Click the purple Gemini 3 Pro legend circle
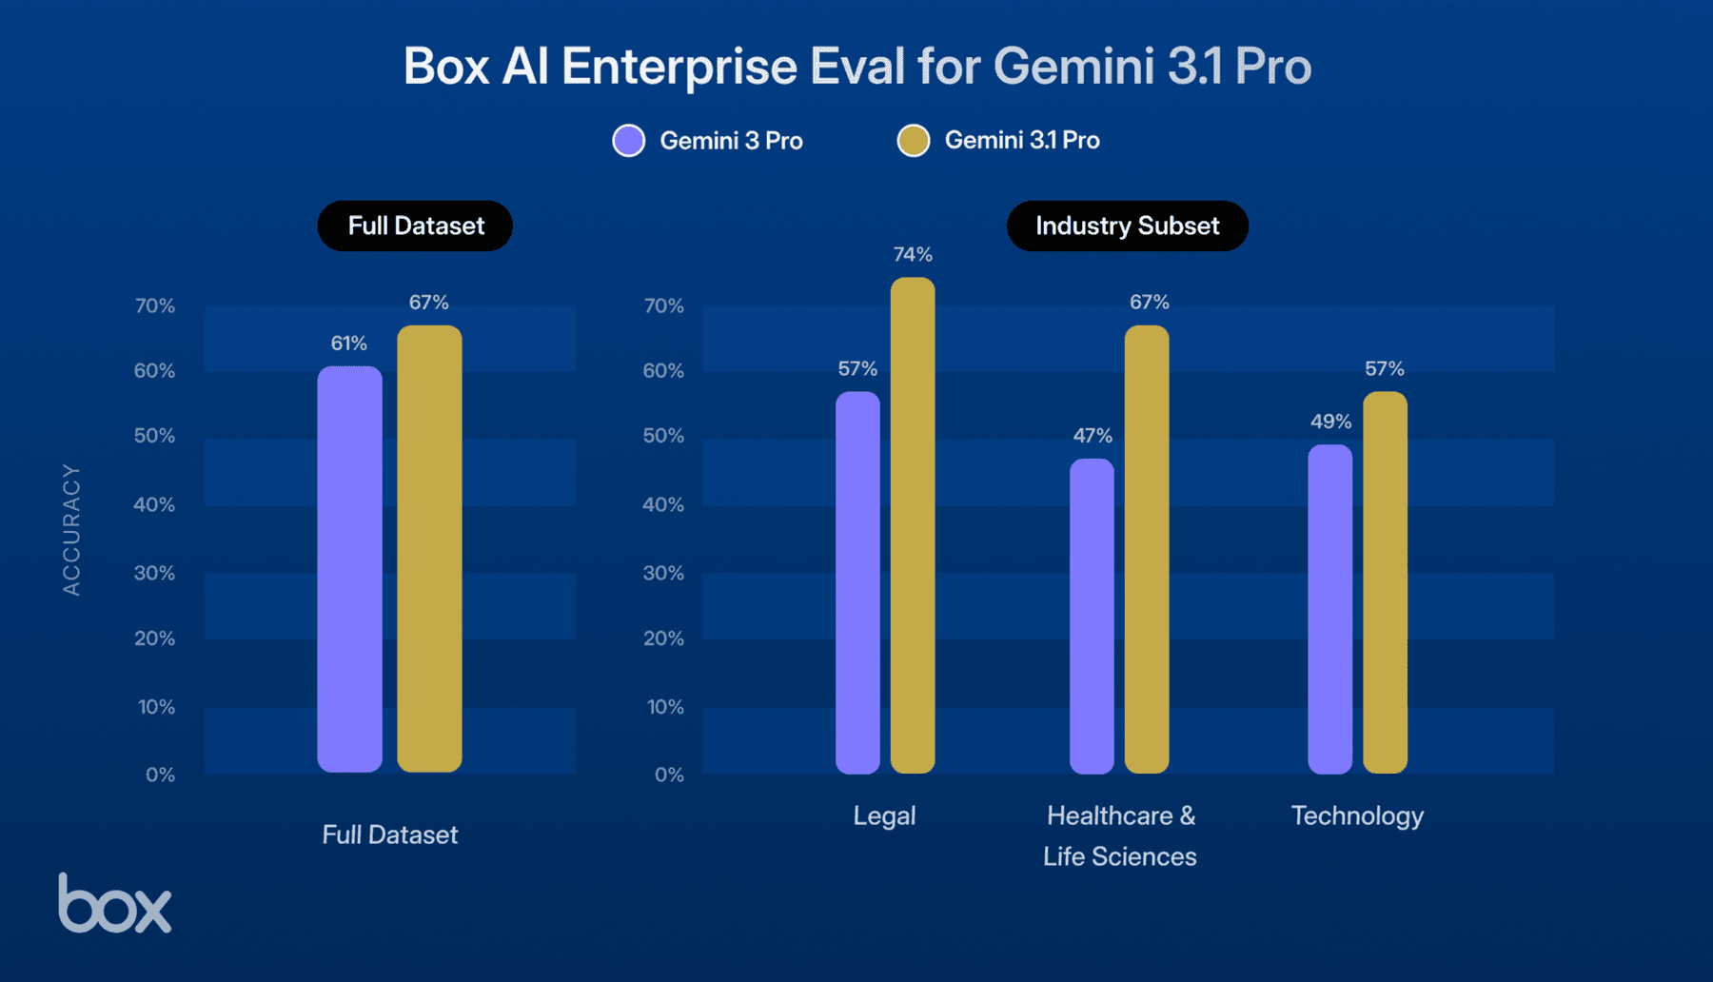click(628, 141)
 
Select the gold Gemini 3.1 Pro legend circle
click(913, 141)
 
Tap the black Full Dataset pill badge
click(415, 226)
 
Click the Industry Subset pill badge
click(1127, 226)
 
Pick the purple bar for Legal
click(857, 582)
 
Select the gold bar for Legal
click(913, 525)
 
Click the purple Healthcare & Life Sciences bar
click(1092, 616)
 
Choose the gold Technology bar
click(1385, 582)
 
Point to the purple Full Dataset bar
click(349, 569)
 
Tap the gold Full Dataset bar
click(429, 549)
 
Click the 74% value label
click(913, 254)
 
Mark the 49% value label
click(1330, 422)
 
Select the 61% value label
click(349, 344)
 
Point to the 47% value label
click(1092, 436)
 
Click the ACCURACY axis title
click(71, 530)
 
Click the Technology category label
click(1357, 815)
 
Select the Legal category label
click(884, 815)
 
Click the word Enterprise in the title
click(679, 67)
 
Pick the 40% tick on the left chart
click(154, 504)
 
